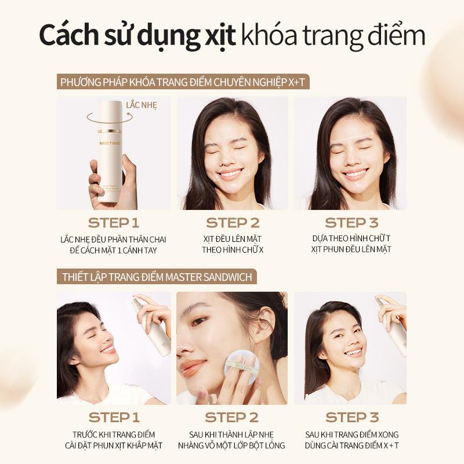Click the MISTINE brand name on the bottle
pyautogui.click(x=110, y=143)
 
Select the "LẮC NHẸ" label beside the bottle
pyautogui.click(x=142, y=106)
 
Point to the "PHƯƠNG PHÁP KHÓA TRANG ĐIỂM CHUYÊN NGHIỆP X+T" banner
pyautogui.click(x=183, y=82)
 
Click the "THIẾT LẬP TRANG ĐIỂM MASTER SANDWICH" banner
pyautogui.click(x=157, y=277)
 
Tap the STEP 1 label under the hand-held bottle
pyautogui.click(x=114, y=223)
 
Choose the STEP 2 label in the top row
pyautogui.click(x=233, y=223)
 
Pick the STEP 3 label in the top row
pyautogui.click(x=351, y=223)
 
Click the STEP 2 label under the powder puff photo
pyautogui.click(x=231, y=418)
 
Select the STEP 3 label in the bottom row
pyautogui.click(x=352, y=418)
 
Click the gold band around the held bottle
pyautogui.click(x=110, y=131)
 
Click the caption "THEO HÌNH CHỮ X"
pyautogui.click(x=233, y=250)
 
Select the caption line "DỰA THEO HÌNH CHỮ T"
pyautogui.click(x=351, y=238)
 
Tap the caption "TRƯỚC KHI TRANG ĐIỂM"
pyautogui.click(x=114, y=434)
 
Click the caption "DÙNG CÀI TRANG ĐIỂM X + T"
pyautogui.click(x=351, y=445)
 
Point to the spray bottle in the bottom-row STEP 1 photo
pyautogui.click(x=151, y=325)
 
